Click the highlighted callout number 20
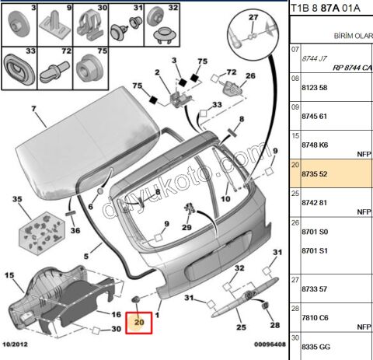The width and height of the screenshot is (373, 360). click(139, 323)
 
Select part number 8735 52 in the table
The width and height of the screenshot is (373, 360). click(315, 174)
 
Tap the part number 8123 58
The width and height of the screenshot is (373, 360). click(315, 88)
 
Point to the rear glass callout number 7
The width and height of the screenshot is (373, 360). click(33, 109)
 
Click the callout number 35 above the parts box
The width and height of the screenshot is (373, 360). click(17, 199)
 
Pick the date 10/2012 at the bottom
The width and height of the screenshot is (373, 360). click(15, 344)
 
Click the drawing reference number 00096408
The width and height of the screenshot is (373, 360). click(270, 344)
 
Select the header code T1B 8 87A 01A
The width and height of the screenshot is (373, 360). click(326, 9)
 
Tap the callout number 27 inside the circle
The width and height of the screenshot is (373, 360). click(253, 17)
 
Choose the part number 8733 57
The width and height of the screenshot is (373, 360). click(315, 289)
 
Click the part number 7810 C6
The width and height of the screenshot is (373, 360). click(315, 318)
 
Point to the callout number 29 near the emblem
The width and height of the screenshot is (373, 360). click(186, 227)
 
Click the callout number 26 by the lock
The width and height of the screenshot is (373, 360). click(250, 76)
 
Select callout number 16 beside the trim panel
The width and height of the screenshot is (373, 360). click(117, 315)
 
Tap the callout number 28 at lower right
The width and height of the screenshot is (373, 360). click(275, 325)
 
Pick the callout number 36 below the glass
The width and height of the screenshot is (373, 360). click(75, 230)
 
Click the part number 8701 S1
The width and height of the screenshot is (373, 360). click(315, 251)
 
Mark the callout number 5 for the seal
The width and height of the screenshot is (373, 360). click(86, 257)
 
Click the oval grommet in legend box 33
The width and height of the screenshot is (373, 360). click(19, 69)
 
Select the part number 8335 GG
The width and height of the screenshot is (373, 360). click(316, 347)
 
